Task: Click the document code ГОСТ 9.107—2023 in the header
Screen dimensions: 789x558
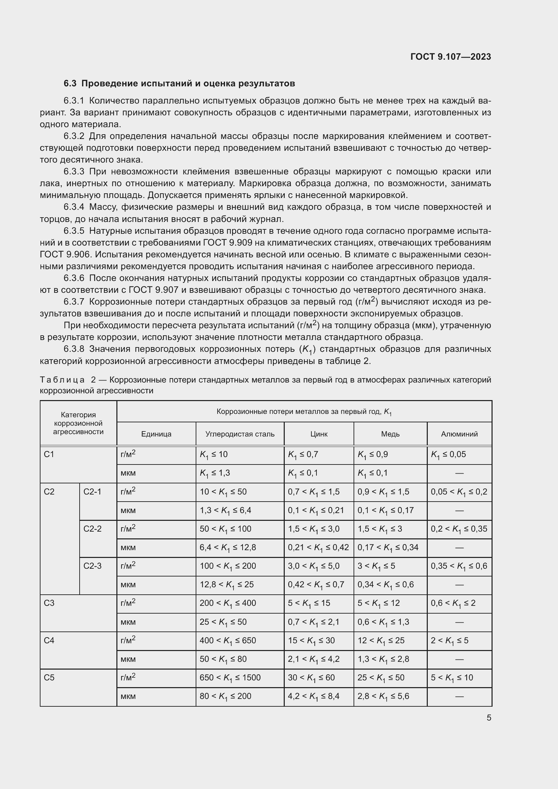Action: (450, 57)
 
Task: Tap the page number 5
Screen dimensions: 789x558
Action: (489, 717)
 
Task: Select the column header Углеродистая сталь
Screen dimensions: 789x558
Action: (240, 434)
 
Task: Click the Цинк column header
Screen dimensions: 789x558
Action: (318, 434)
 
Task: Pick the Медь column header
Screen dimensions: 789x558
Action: (390, 434)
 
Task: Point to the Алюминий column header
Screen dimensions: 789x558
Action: (459, 434)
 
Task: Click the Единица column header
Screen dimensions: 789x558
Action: (156, 434)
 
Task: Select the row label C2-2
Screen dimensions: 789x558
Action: (92, 529)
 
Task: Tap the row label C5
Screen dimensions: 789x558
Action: (49, 678)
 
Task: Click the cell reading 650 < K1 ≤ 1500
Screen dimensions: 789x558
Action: (230, 678)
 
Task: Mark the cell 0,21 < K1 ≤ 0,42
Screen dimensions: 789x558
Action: (318, 547)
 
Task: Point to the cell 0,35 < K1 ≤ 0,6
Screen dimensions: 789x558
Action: (459, 566)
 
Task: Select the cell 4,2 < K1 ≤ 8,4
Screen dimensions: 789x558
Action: (313, 696)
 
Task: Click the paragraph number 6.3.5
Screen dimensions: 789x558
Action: (74, 231)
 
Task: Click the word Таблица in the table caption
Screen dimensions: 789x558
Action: (62, 380)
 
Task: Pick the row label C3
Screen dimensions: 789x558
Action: (49, 603)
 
